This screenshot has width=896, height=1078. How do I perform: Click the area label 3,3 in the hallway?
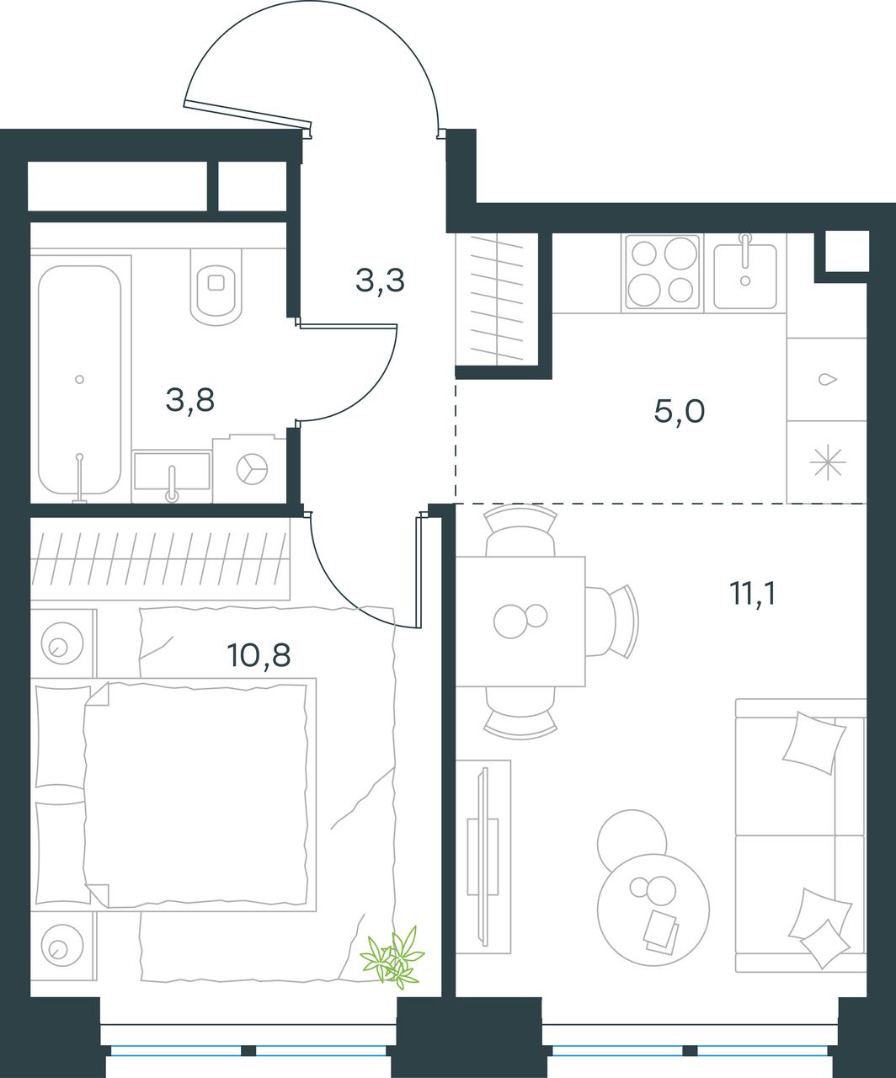click(380, 281)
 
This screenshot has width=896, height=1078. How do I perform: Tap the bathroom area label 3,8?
click(190, 400)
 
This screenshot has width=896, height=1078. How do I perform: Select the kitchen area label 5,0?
click(680, 412)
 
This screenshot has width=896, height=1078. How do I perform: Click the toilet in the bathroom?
click(216, 286)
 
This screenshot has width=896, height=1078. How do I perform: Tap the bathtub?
click(80, 380)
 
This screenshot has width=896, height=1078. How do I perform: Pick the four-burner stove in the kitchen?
click(663, 272)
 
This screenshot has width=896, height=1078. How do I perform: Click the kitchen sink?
click(745, 273)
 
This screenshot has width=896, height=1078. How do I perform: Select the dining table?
click(520, 622)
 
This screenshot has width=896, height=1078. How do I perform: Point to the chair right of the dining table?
click(613, 622)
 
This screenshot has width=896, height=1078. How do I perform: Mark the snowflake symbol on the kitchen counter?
click(827, 462)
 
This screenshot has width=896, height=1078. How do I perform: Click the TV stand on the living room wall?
click(483, 857)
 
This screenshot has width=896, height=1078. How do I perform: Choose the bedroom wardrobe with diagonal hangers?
click(160, 559)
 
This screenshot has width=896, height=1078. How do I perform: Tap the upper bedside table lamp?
click(63, 643)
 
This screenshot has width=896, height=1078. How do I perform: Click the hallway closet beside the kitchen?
click(497, 298)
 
